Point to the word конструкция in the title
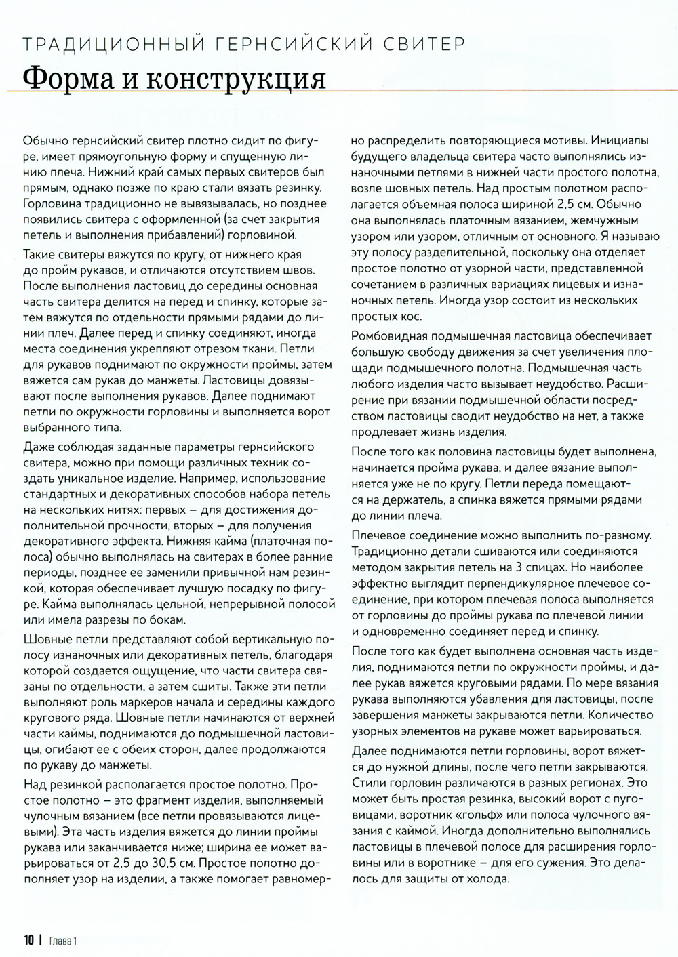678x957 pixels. tap(233, 80)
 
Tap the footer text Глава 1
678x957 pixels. tap(64, 940)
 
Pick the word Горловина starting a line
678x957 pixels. tap(54, 203)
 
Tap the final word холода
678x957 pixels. tap(486, 878)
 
